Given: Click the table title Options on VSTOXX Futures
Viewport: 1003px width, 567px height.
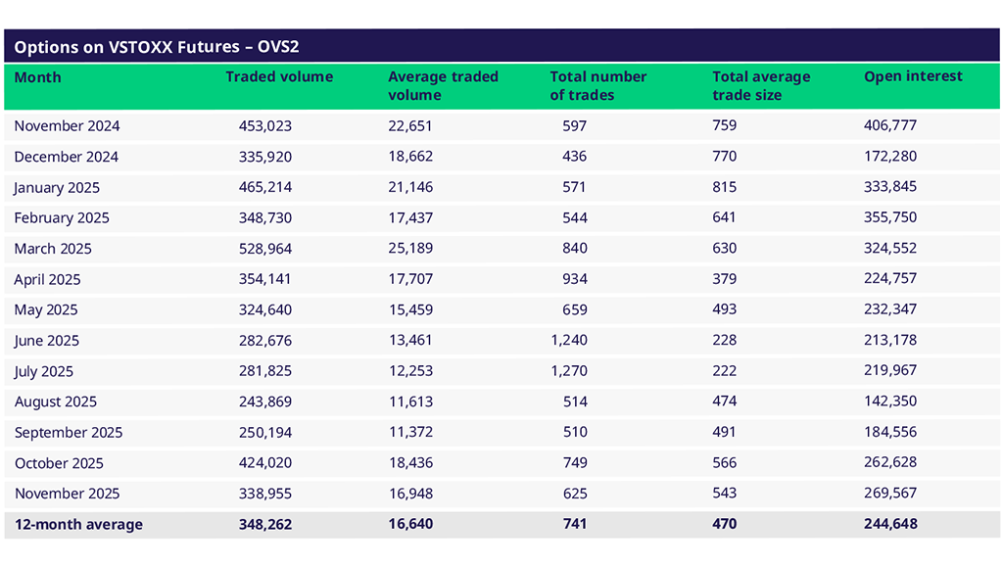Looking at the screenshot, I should click(x=157, y=46).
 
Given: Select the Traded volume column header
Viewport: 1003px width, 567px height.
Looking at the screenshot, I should click(x=279, y=77).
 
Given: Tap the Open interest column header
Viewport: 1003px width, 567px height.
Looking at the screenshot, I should click(x=913, y=76).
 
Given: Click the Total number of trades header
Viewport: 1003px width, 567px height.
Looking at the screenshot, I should click(x=597, y=86).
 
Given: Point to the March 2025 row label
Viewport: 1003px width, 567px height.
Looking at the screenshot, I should click(x=55, y=249).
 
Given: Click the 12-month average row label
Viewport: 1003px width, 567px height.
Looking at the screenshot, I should click(x=78, y=525).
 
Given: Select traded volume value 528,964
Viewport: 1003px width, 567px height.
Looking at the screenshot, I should click(x=265, y=249).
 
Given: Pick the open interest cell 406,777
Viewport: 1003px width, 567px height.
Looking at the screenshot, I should click(x=889, y=126).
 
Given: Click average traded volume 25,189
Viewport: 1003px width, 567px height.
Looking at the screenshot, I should click(x=410, y=249).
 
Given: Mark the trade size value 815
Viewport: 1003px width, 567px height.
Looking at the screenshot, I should click(x=725, y=187).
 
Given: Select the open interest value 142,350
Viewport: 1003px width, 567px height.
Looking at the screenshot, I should click(x=889, y=402).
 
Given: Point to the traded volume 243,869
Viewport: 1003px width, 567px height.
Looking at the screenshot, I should click(x=265, y=402).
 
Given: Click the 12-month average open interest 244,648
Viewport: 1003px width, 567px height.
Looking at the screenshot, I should click(x=889, y=524).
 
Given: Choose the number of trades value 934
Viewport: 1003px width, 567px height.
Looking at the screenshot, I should click(x=575, y=279).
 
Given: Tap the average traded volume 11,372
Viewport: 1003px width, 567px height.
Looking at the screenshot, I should click(x=410, y=433).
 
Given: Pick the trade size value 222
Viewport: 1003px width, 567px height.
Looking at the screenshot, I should click(x=725, y=371).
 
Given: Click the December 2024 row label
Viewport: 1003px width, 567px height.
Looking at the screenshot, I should click(x=66, y=157).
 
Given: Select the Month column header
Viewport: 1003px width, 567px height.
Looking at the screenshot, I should click(x=37, y=77).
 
